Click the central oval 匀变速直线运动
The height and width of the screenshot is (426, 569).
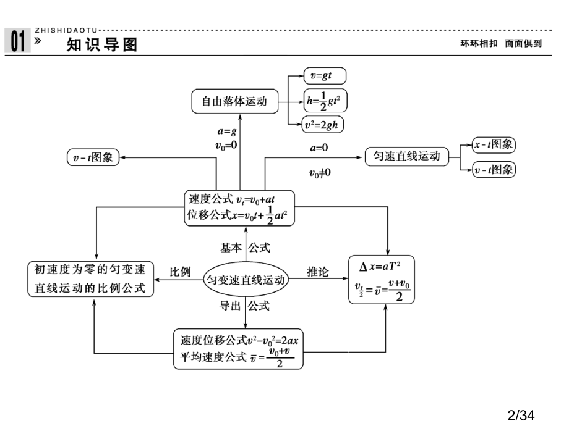click(x=246, y=280)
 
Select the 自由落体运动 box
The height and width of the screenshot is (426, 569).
click(x=234, y=101)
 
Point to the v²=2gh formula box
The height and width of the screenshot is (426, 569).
click(x=323, y=125)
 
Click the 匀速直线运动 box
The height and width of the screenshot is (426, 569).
click(x=406, y=156)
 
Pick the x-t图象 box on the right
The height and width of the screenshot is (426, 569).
click(x=494, y=144)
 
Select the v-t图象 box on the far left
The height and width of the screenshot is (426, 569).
click(x=93, y=157)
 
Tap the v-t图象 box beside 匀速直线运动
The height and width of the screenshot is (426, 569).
click(x=494, y=170)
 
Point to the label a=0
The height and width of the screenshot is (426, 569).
click(x=319, y=148)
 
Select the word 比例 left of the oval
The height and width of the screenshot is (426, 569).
click(x=181, y=272)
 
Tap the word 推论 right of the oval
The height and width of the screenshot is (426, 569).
click(x=319, y=272)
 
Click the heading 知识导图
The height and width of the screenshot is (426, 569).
click(x=102, y=44)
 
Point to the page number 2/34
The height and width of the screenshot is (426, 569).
click(x=520, y=415)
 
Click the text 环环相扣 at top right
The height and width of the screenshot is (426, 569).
click(x=479, y=44)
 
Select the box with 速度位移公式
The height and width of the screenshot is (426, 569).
click(x=238, y=348)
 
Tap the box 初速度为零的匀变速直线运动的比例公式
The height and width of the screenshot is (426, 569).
click(x=91, y=279)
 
